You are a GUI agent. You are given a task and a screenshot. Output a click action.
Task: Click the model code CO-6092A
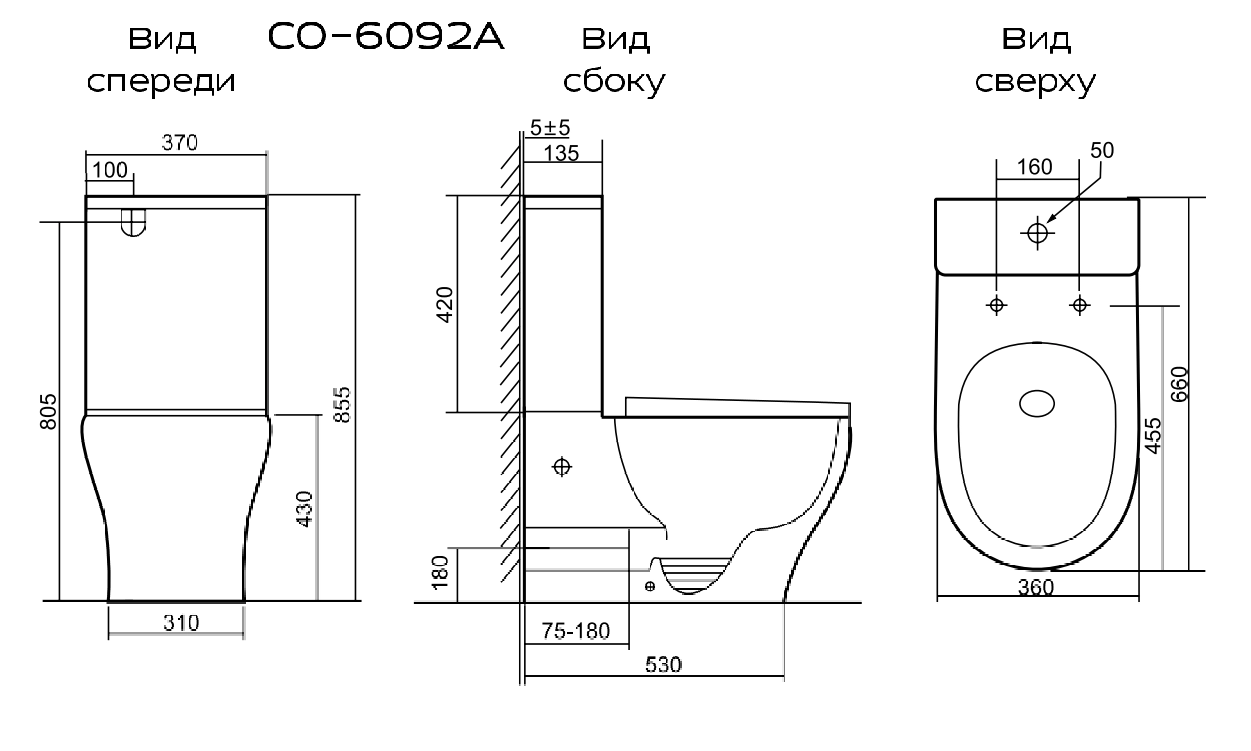pos(385,38)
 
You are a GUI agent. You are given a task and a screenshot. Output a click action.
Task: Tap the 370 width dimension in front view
pos(180,143)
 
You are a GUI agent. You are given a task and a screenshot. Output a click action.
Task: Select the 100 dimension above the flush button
pos(110,170)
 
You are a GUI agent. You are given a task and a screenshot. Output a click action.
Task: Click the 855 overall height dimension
pos(343,404)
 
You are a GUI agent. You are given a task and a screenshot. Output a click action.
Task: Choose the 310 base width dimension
pos(181,623)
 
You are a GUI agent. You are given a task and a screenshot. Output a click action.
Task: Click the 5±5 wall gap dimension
pos(550,128)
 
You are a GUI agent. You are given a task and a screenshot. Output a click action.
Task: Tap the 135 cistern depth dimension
pos(561,153)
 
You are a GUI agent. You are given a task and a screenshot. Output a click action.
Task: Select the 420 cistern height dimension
pos(444,305)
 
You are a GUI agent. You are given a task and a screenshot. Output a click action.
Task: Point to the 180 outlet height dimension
pos(440,573)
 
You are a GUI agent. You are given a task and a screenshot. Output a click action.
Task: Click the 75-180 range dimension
pos(576,632)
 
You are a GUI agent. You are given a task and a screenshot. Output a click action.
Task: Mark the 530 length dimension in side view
pos(663,665)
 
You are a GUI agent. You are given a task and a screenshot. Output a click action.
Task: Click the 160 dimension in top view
pos(1035,167)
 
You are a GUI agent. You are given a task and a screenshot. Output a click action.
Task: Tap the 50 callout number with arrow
pos(1102,150)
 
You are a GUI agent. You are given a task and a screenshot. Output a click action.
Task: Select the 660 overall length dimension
pos(1179,384)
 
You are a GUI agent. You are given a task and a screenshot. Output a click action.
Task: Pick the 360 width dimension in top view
pos(1036,588)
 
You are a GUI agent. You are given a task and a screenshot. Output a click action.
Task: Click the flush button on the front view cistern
pos(133,223)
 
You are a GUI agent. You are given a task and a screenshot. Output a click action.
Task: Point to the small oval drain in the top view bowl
pos(1037,404)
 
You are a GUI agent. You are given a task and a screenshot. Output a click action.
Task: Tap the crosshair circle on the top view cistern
pos(1037,232)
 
